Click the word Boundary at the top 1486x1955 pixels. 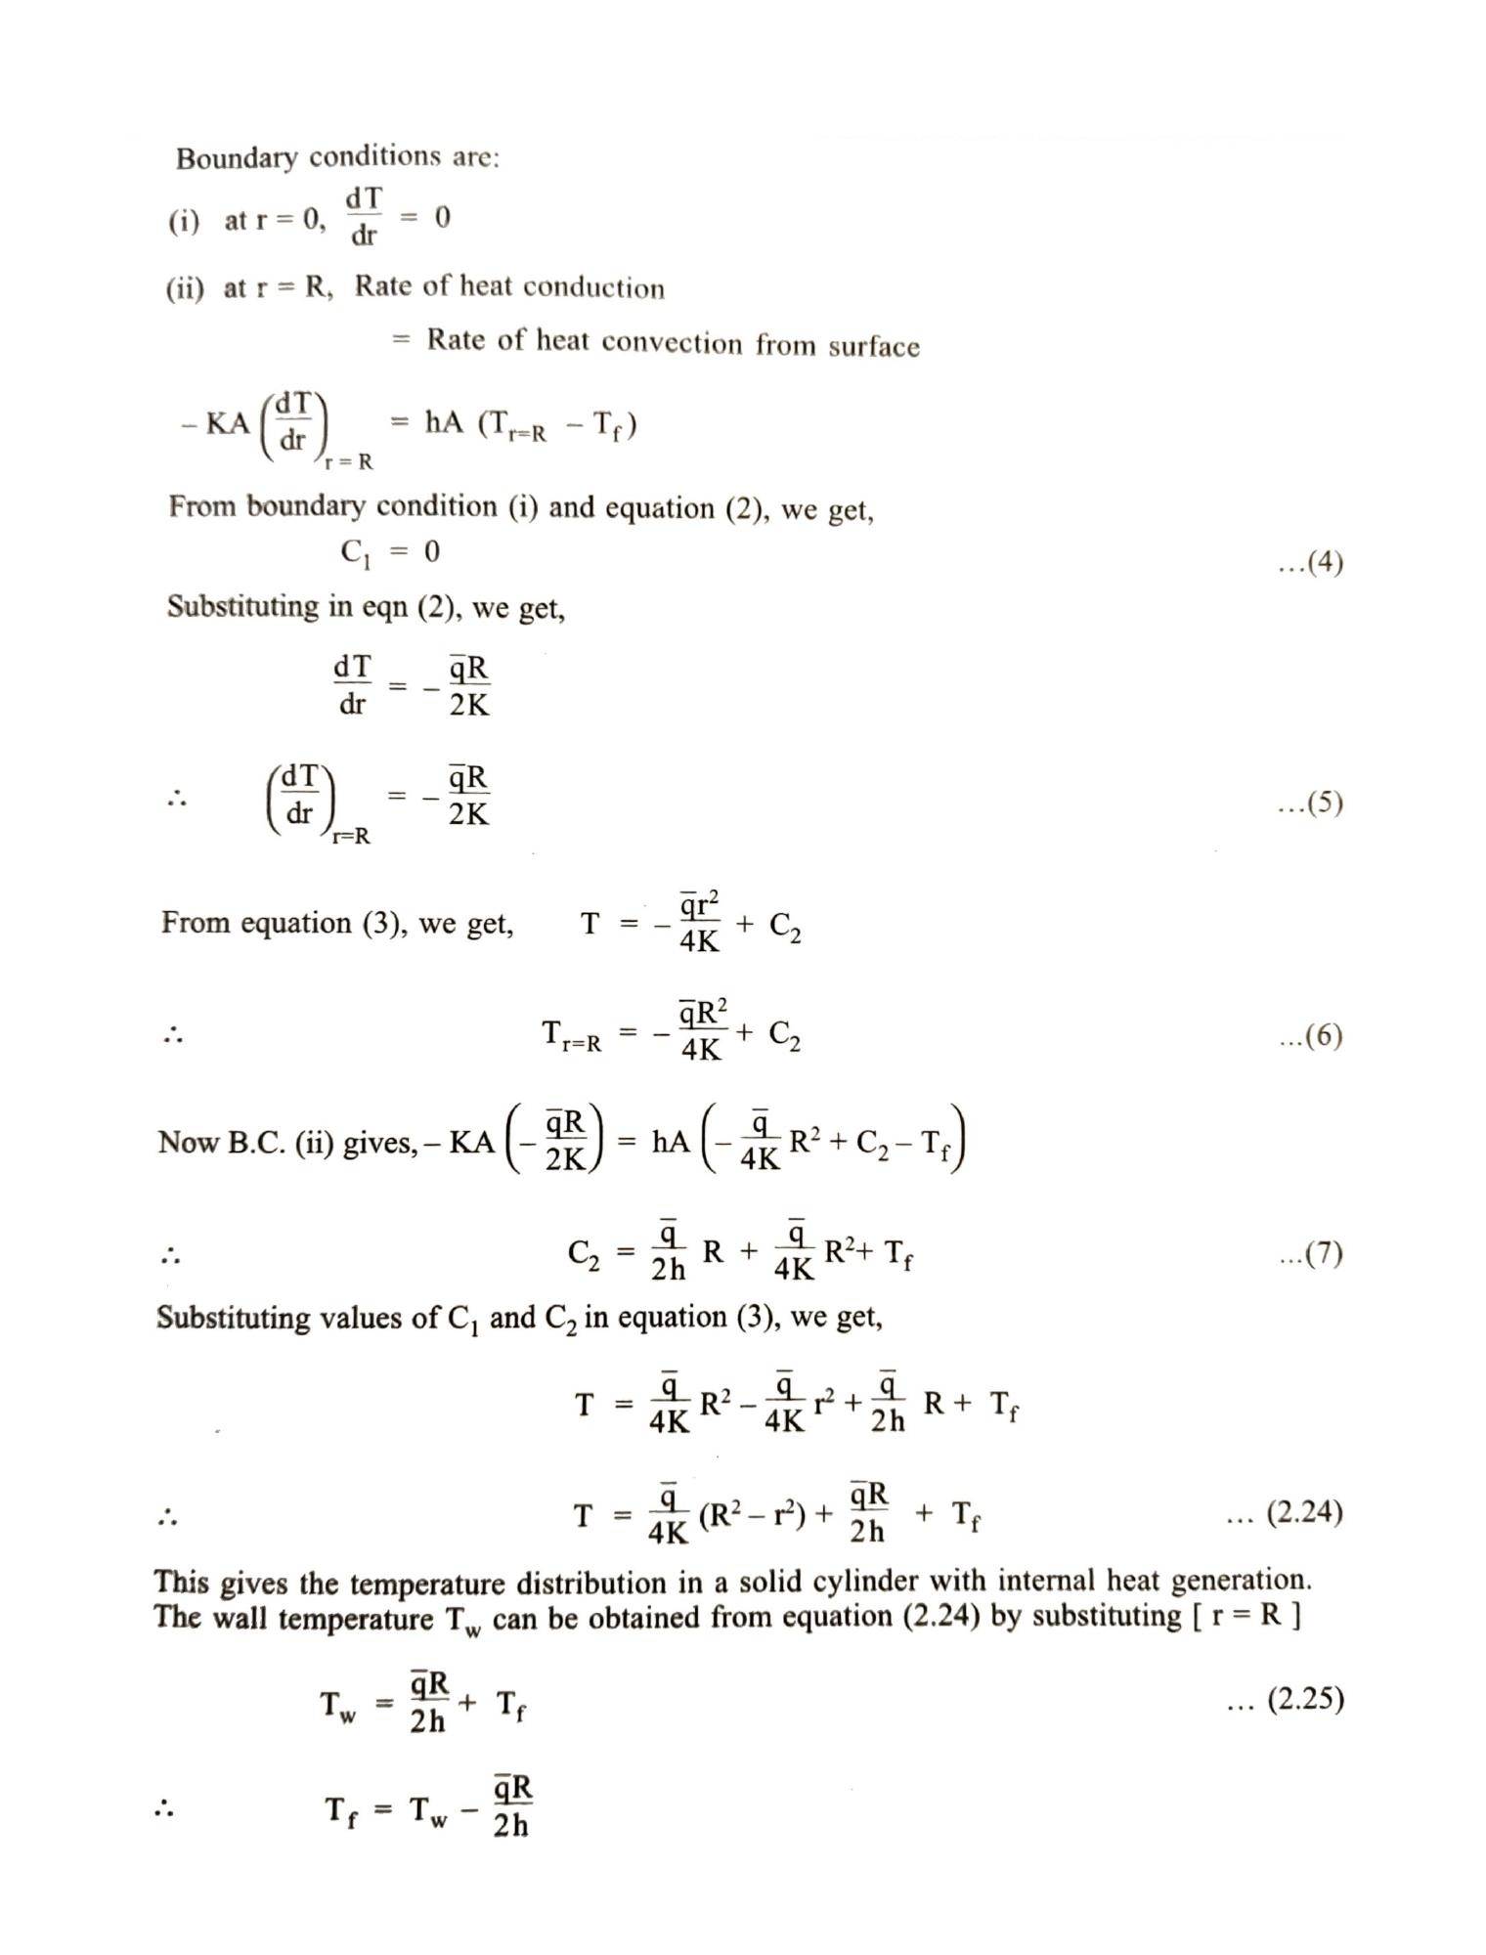(236, 158)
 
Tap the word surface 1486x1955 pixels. (873, 346)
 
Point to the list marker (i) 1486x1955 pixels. (183, 221)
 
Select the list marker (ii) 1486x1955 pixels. (185, 289)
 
